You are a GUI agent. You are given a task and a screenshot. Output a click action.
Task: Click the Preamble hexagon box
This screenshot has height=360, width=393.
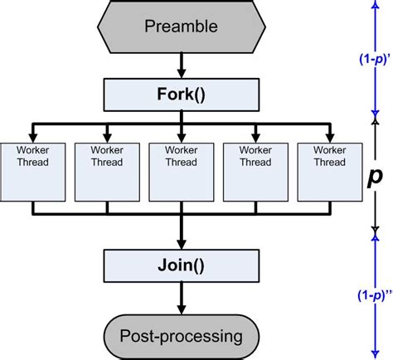tap(181, 26)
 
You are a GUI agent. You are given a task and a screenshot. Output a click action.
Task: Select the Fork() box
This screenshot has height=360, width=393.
tap(181, 94)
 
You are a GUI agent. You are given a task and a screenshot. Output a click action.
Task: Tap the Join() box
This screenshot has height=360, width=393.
tap(181, 268)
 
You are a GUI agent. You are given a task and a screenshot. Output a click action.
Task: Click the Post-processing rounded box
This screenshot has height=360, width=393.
tap(181, 335)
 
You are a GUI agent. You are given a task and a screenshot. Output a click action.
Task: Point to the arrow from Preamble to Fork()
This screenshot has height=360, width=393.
tap(181, 65)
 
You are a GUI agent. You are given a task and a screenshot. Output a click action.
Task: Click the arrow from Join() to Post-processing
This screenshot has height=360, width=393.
tap(181, 300)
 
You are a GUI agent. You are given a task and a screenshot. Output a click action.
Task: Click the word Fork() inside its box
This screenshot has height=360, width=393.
tap(181, 94)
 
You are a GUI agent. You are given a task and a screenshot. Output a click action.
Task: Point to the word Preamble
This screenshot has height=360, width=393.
tap(181, 26)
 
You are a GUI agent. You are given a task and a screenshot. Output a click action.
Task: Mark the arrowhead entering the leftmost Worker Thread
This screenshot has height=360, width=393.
tap(32, 135)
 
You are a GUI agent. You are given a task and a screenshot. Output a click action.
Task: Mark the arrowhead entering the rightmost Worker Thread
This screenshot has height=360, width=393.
tap(329, 135)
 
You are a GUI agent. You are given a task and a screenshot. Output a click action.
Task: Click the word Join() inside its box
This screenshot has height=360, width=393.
tap(181, 268)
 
